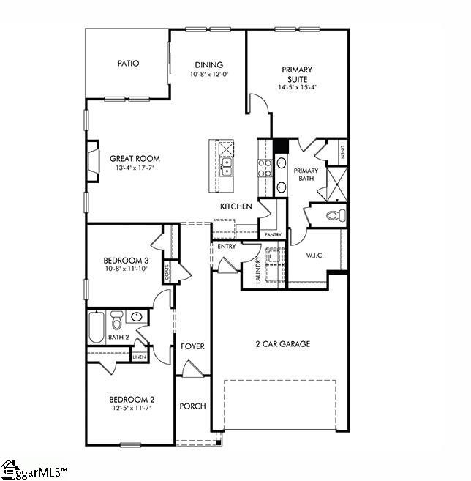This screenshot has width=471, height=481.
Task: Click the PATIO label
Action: click(128, 64)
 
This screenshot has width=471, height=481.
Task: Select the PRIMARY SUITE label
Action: click(296, 75)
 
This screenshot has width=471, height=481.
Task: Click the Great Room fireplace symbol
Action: click(93, 160)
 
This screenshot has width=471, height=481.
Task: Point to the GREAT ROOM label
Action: click(135, 159)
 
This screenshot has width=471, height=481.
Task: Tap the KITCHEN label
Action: click(236, 206)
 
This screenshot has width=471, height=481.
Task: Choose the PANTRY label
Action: click(273, 235)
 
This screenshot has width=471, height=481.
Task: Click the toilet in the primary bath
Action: click(334, 215)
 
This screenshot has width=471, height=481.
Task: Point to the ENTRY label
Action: click(226, 247)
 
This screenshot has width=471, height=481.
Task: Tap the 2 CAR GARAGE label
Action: click(282, 344)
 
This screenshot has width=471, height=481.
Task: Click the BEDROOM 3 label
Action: click(126, 261)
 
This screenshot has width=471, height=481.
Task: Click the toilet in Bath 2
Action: click(116, 321)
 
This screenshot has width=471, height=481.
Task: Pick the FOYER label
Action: click(192, 346)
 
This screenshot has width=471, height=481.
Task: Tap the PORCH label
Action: click(192, 406)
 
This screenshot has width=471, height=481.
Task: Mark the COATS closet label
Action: click(167, 273)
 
